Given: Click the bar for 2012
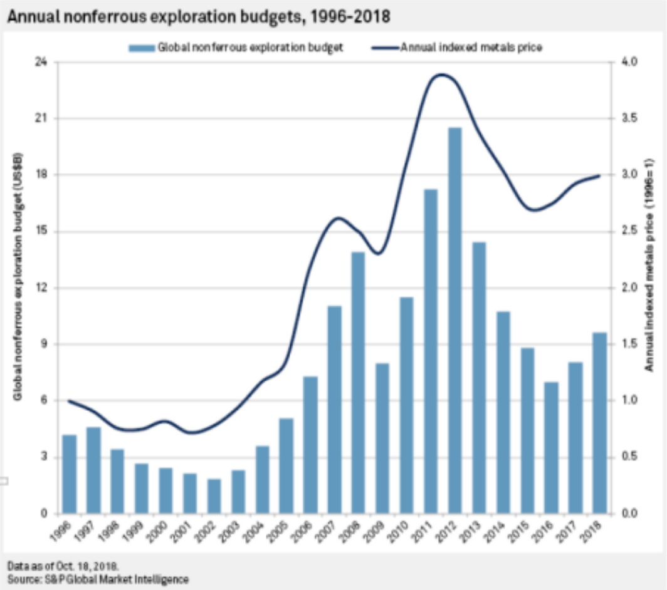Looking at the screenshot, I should pos(454,321).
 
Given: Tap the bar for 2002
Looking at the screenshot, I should pos(213,496).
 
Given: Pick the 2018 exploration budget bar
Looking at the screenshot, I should pos(599,423).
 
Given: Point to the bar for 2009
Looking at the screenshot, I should pos(382,438).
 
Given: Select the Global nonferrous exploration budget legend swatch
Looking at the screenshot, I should pos(140,48).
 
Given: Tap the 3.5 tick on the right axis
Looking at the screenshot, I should pos(628,118).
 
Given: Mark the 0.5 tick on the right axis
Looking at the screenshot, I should pos(628,457).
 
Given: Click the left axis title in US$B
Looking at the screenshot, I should pos(18,288).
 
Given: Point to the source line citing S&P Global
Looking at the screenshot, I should pos(98,577).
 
